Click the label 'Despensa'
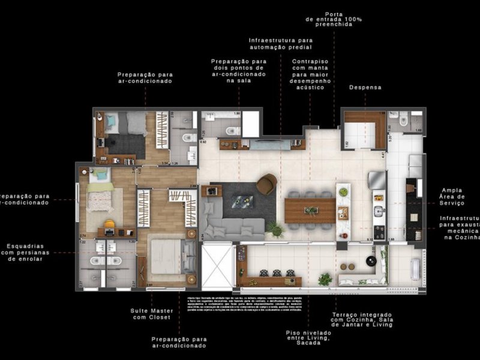coord(365,88)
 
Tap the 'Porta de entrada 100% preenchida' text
coord(334,20)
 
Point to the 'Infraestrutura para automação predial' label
coord(280,43)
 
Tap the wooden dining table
coord(310,211)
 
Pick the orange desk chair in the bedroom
coord(109,225)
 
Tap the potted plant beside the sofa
coord(275,229)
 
